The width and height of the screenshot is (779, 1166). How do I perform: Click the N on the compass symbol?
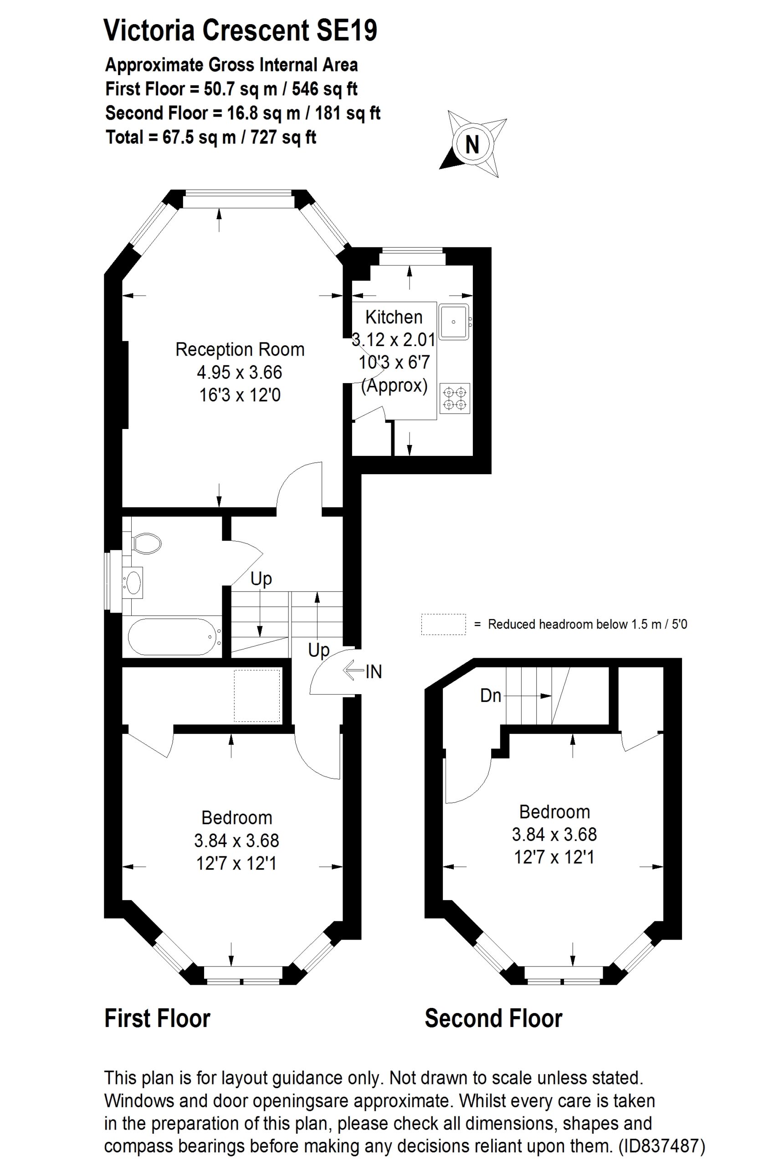(472, 145)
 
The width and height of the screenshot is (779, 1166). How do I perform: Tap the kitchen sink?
(454, 322)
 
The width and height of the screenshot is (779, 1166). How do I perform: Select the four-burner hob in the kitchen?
(455, 398)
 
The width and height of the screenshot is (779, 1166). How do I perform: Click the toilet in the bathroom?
(146, 544)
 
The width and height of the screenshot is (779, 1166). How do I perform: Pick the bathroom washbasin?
(133, 581)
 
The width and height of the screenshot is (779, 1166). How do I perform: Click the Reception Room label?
(240, 350)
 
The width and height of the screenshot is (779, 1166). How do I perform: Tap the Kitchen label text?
(394, 317)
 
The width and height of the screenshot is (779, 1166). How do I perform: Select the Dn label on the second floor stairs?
(490, 696)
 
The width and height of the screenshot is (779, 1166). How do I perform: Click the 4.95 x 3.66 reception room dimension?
(240, 373)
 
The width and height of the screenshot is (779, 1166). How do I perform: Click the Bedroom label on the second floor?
(554, 812)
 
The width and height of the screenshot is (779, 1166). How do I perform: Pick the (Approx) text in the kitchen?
(395, 385)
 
